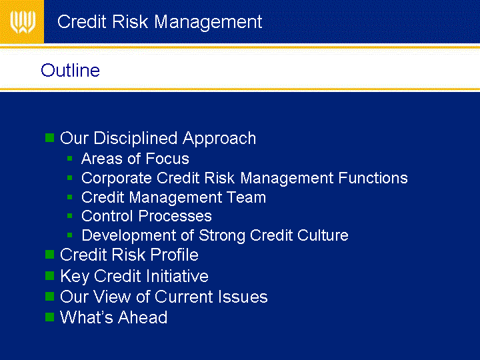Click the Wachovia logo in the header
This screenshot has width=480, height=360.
(23, 22)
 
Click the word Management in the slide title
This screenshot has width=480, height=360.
(208, 23)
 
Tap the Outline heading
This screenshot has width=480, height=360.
(71, 70)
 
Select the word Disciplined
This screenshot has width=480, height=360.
(135, 138)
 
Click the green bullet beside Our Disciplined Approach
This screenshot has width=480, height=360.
(49, 138)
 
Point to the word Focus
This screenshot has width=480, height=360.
(167, 159)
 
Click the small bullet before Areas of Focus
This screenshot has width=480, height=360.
(70, 159)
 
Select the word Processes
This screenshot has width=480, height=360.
(175, 216)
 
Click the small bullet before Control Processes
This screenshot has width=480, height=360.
(70, 216)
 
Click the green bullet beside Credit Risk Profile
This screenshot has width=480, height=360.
(49, 255)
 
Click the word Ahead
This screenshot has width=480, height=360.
(143, 317)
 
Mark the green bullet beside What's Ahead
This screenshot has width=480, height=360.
(49, 317)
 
